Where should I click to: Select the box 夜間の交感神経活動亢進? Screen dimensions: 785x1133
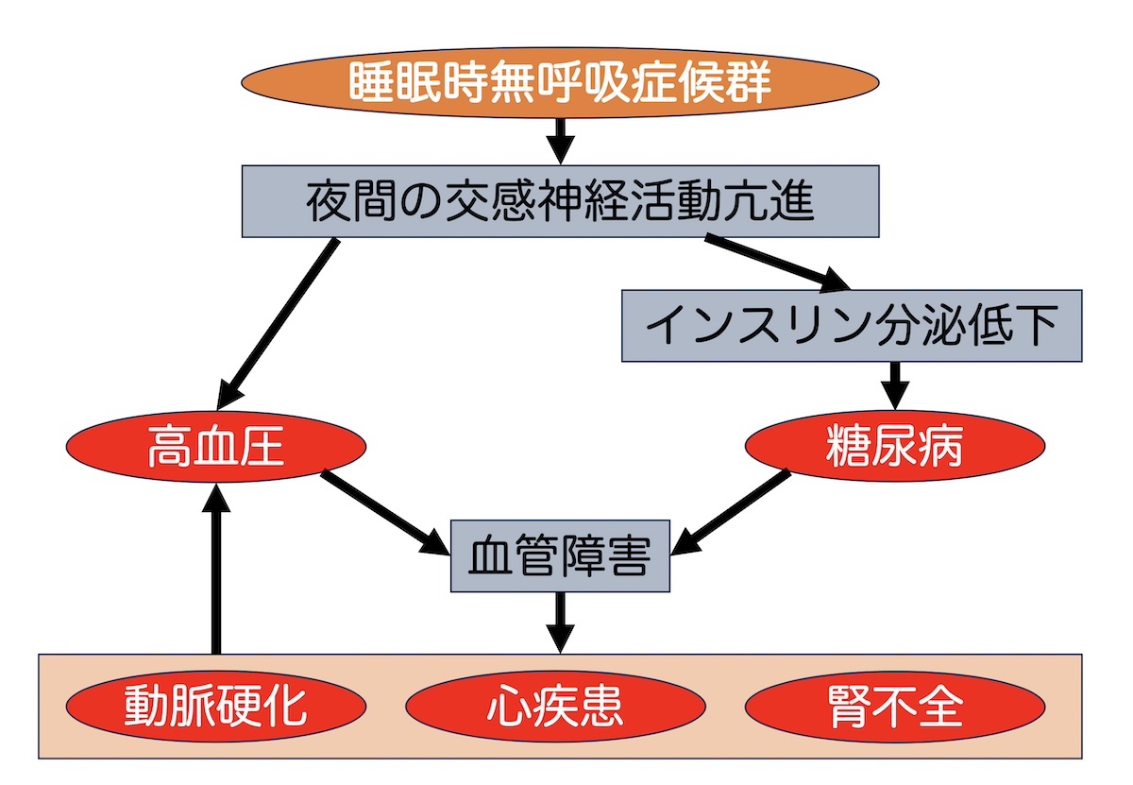pyautogui.click(x=561, y=201)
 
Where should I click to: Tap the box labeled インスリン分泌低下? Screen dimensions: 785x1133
pyautogui.click(x=851, y=326)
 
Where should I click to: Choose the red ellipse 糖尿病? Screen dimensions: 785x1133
pyautogui.click(x=894, y=448)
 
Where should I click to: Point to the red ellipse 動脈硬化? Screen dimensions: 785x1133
pyautogui.click(x=216, y=707)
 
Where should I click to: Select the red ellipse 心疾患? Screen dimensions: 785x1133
pyautogui.click(x=557, y=707)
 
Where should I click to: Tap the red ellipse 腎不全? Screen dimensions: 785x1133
pyautogui.click(x=895, y=707)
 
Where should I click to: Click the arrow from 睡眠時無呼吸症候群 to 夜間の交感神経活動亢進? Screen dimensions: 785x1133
pyautogui.click(x=561, y=140)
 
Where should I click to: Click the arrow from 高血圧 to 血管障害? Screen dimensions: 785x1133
pyautogui.click(x=385, y=512)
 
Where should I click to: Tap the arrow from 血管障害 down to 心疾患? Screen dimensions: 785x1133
pyautogui.click(x=561, y=622)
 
